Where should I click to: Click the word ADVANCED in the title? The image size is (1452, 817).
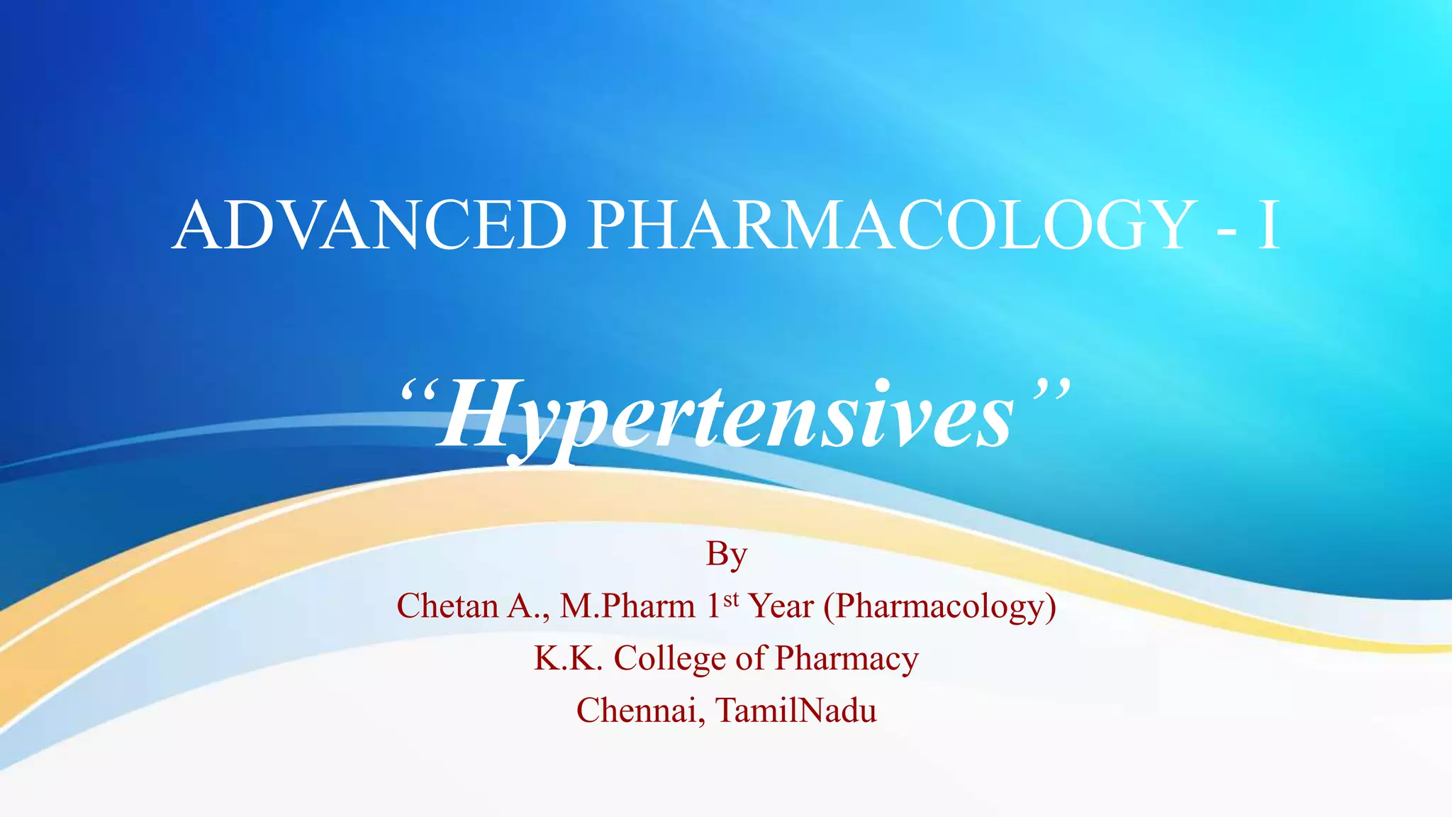coord(369,226)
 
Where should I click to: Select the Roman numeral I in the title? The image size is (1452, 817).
coord(1268,226)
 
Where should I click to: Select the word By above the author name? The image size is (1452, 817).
coord(726,555)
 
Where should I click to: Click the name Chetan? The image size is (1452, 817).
coord(447,606)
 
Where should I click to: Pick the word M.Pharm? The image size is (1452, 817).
coord(627,606)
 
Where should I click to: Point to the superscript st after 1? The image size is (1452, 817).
coord(731,599)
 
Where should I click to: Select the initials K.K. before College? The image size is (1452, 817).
coord(568,658)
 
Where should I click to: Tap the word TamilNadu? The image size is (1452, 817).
coord(796,711)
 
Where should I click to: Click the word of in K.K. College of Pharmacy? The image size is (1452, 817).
coord(750,659)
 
